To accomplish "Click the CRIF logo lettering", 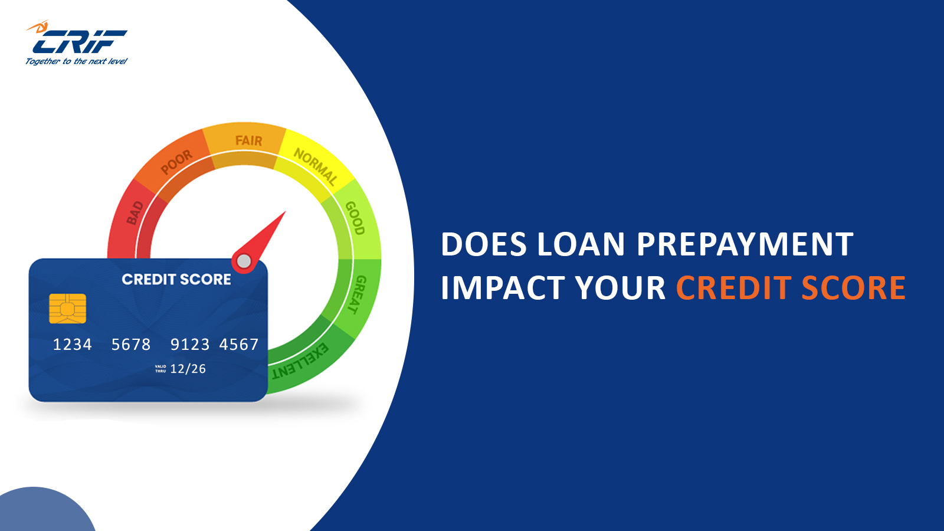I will [x=79, y=42].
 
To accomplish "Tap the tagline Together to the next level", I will [x=76, y=61].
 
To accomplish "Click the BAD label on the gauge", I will [x=135, y=213].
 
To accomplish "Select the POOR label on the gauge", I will [x=176, y=162].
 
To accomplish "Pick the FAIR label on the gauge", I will [x=248, y=140].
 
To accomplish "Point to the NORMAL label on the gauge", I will [x=316, y=166].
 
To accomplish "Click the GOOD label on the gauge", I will [x=355, y=218].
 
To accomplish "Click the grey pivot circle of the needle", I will [x=244, y=261].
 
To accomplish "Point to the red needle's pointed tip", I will [x=285, y=212].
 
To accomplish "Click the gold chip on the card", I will [x=67, y=309].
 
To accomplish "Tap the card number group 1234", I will [x=72, y=345].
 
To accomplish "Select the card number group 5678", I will [x=131, y=345].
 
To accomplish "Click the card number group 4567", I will [x=239, y=345].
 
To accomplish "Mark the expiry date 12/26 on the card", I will [x=188, y=369].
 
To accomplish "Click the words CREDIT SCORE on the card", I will [x=176, y=279].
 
